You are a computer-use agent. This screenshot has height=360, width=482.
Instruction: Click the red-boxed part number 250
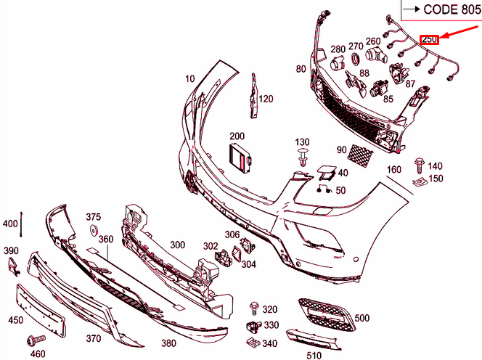click(x=430, y=39)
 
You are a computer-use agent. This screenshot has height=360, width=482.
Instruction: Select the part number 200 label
click(x=237, y=136)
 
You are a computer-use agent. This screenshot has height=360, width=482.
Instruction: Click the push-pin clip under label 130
click(x=302, y=156)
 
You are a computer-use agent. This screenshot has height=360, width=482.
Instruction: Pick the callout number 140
click(x=436, y=166)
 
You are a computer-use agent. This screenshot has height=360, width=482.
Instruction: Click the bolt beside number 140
click(x=419, y=164)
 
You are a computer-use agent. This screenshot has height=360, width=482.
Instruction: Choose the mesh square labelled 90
click(x=359, y=154)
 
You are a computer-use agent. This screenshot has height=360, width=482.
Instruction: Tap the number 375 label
click(x=94, y=216)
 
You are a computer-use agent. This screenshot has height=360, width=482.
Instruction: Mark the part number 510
click(x=314, y=356)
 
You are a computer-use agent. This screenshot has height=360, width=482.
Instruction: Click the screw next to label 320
click(x=254, y=308)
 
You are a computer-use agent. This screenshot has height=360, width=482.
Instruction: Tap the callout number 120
click(x=266, y=99)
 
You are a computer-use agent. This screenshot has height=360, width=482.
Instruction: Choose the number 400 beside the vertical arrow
click(x=10, y=224)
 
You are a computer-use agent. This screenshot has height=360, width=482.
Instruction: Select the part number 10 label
click(x=190, y=78)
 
